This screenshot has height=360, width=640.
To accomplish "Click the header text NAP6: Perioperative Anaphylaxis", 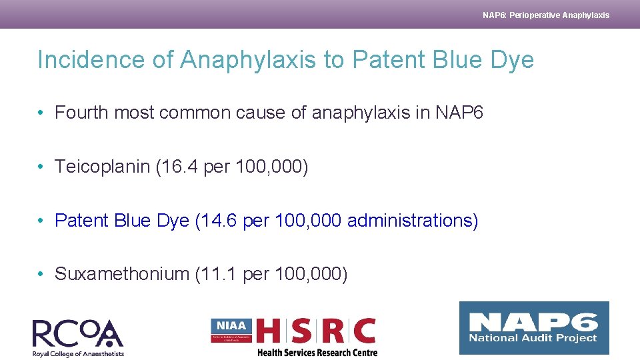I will click(546, 15).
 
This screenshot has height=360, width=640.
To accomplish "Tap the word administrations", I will click(410, 220).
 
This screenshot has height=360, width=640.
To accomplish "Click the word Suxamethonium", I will click(122, 273).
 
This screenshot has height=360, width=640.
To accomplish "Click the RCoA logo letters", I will click(77, 333).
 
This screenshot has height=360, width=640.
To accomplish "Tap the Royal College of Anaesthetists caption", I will click(78, 354).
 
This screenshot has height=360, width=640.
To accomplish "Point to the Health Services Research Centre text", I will click(317, 353).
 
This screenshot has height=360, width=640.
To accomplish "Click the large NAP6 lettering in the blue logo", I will click(533, 322).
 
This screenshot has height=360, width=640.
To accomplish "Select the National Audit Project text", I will click(533, 339).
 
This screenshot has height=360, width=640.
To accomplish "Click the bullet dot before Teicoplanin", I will click(41, 167).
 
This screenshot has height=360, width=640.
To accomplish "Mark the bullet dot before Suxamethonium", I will click(41, 273).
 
